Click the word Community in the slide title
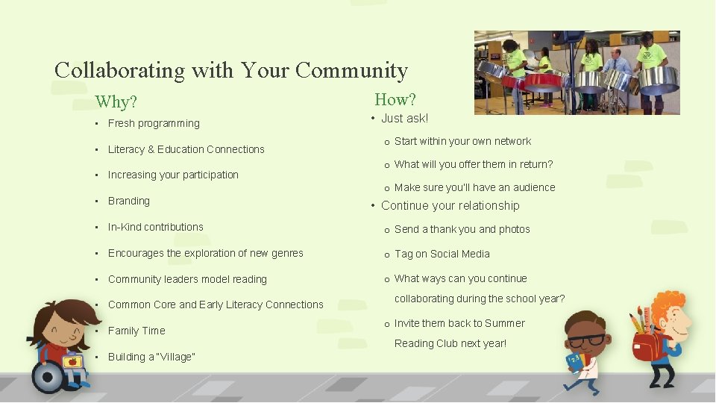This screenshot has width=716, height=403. tap(351, 71)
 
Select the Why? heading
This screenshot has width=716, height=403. tap(116, 101)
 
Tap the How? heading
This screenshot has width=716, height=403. tap(395, 99)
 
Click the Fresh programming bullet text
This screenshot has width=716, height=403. tap(154, 123)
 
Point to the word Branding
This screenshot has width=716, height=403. tap(129, 201)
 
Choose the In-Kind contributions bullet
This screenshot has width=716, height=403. tap(156, 227)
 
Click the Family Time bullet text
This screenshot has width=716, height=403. tap(136, 331)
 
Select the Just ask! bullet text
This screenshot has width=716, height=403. tap(405, 118)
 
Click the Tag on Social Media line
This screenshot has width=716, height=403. tap(442, 254)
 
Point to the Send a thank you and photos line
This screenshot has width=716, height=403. tap(462, 229)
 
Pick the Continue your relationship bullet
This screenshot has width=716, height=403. tap(450, 205)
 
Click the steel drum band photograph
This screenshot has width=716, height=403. tap(577, 72)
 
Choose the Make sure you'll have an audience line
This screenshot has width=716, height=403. tap(474, 187)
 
